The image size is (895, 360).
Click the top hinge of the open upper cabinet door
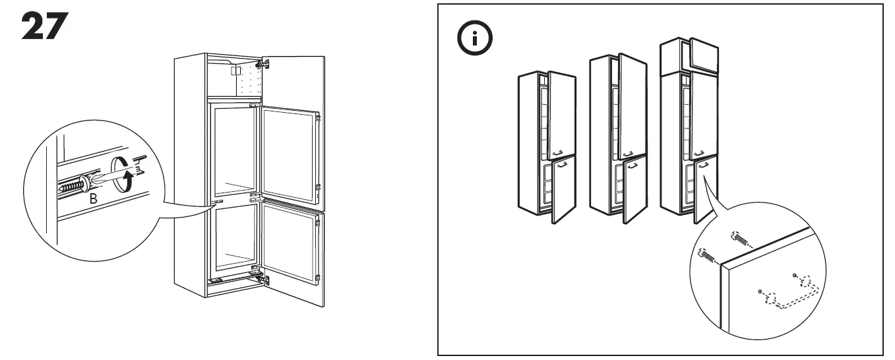(265, 65)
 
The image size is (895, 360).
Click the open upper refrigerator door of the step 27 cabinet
(290, 156)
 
